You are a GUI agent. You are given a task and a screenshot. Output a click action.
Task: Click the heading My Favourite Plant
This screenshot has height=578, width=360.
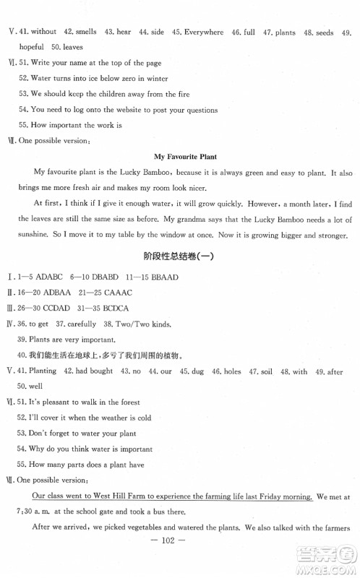tap(186, 156)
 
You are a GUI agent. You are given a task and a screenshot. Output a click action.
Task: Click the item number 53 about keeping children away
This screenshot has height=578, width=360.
tap(24, 94)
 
